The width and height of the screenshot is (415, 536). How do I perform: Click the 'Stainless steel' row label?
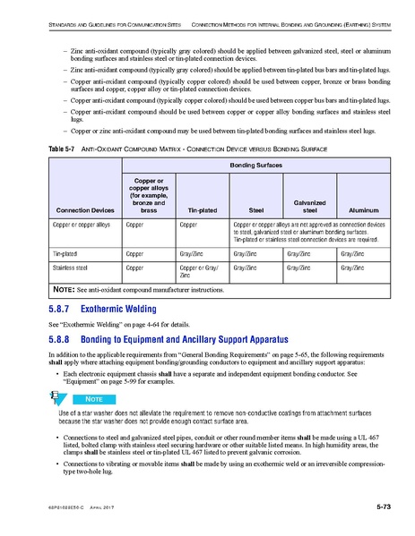pyautogui.click(x=73, y=267)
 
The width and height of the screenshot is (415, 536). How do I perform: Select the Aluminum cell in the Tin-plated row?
pyautogui.click(x=351, y=253)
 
